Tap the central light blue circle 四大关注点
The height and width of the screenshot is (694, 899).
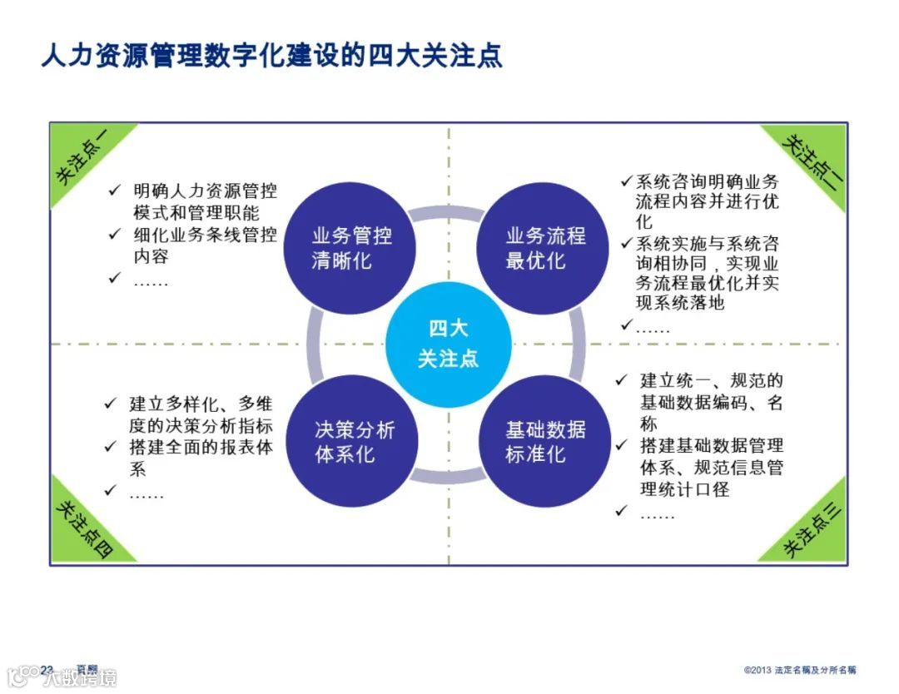pyautogui.click(x=448, y=343)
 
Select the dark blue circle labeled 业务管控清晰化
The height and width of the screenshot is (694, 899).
pyautogui.click(x=351, y=247)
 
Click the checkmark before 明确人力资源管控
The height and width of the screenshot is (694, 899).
pyautogui.click(x=116, y=191)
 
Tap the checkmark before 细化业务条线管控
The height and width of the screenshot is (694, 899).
pyautogui.click(x=116, y=234)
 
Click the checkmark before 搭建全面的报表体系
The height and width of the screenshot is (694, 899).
pyautogui.click(x=111, y=447)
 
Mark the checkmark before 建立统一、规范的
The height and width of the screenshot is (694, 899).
pyautogui.click(x=621, y=380)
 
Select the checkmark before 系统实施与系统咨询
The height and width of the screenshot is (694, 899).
pyautogui.click(x=627, y=243)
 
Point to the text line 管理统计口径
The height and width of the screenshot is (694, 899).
pyautogui.click(x=684, y=489)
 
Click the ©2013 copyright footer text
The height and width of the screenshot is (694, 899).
pyautogui.click(x=800, y=670)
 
